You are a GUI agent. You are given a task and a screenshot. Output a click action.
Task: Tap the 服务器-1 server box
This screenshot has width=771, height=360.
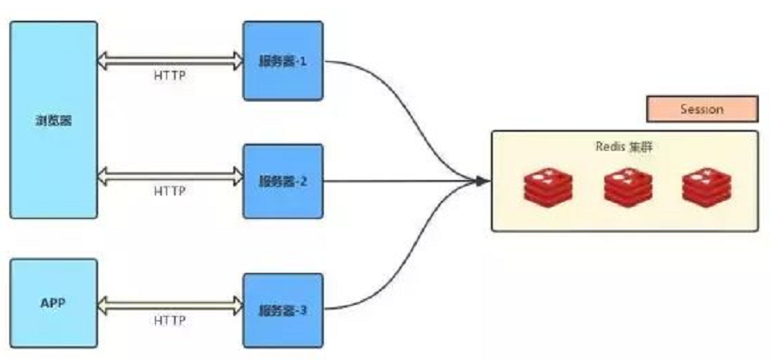pyautogui.click(x=283, y=61)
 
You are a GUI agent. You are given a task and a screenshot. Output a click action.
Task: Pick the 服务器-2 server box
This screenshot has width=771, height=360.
pyautogui.click(x=283, y=182)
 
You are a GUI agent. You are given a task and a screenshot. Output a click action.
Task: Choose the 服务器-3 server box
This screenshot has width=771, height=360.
pyautogui.click(x=283, y=309)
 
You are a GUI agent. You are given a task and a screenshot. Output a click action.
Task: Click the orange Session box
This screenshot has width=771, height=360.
pyautogui.click(x=701, y=109)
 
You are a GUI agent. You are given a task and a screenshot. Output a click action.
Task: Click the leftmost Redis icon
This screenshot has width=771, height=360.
pyautogui.click(x=548, y=188)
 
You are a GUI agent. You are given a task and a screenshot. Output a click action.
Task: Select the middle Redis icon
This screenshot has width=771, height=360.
pyautogui.click(x=627, y=188)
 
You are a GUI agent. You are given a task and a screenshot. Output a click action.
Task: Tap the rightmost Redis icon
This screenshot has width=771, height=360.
pyautogui.click(x=706, y=188)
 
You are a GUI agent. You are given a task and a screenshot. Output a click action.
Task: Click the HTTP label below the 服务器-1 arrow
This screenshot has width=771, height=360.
pyautogui.click(x=169, y=75)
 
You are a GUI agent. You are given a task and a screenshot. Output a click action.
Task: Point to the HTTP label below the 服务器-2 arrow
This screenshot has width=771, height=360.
pyautogui.click(x=169, y=191)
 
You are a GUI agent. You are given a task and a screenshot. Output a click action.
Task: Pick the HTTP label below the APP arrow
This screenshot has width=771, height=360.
pyautogui.click(x=169, y=320)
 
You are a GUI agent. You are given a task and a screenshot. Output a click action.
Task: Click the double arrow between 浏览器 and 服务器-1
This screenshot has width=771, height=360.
pyautogui.click(x=170, y=60)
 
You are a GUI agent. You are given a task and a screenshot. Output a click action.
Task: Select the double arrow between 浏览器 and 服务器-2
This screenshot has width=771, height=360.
pyautogui.click(x=170, y=177)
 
